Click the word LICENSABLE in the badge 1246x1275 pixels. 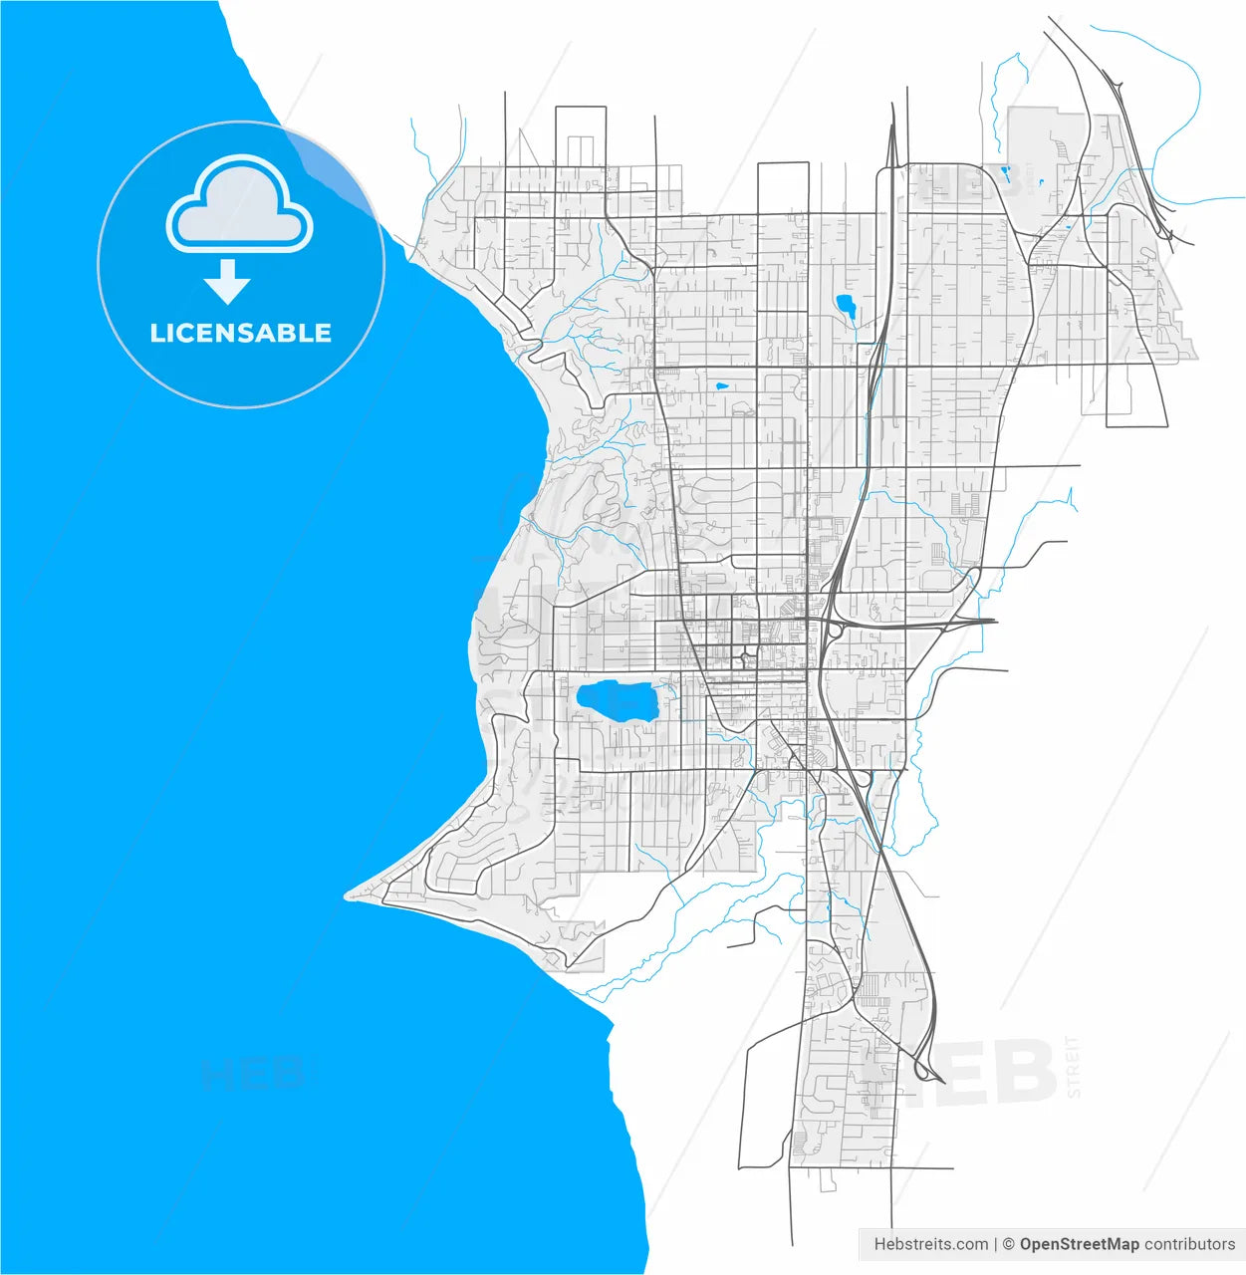pos(240,333)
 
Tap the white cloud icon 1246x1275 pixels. pos(239,205)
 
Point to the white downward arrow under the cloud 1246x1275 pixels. pos(228,282)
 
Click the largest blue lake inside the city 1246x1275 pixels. pos(616,699)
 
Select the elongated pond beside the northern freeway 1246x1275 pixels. pos(847,305)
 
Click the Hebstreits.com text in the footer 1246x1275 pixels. pos(930,1244)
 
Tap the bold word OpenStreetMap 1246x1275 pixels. pos(1079,1244)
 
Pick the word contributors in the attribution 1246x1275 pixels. pos(1189,1244)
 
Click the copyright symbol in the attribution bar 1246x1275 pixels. pos(1008,1244)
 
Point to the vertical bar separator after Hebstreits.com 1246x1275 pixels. pos(995,1244)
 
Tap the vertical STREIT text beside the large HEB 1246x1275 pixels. pos(1073,1067)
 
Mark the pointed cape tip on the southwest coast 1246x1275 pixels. pos(348,895)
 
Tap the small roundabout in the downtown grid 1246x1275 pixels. pos(744,656)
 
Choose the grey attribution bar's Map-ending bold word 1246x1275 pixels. pos(1079,1244)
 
